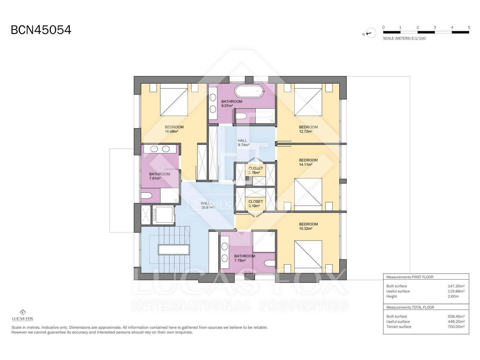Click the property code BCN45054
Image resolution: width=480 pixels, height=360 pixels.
(41, 30)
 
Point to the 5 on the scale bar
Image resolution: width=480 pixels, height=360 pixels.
(469, 28)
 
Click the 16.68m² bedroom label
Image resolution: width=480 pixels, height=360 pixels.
(174, 129)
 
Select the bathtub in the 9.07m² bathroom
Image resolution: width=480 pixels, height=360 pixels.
(249, 91)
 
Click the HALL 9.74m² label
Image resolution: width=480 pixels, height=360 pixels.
(244, 143)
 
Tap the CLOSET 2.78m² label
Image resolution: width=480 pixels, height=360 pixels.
(255, 170)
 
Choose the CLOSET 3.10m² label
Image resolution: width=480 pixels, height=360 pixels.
(255, 204)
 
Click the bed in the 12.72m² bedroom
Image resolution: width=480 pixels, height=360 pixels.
(308, 102)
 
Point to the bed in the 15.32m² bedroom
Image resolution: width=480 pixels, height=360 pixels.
(308, 254)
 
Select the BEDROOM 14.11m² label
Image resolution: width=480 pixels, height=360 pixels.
(308, 162)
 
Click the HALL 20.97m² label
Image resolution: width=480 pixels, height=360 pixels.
(207, 205)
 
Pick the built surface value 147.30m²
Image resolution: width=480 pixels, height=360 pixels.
(456, 286)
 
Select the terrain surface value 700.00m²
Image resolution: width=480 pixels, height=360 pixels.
(456, 327)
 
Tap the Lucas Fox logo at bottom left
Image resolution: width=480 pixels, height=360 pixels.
(22, 315)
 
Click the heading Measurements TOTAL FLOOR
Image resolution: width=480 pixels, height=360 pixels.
(410, 307)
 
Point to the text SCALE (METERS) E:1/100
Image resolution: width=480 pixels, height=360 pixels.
(404, 38)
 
